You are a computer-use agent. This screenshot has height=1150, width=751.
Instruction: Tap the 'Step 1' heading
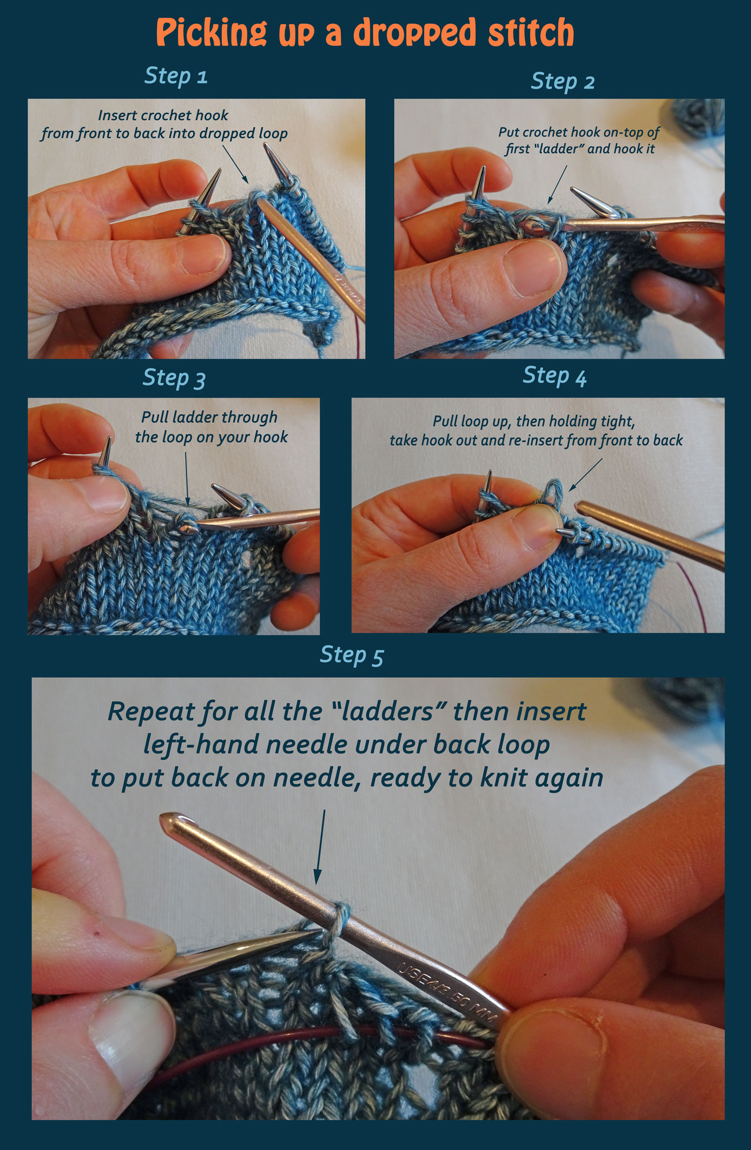(x=176, y=76)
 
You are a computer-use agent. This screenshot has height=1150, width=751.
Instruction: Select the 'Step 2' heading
(x=563, y=82)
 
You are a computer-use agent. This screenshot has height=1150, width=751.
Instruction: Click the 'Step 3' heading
(x=174, y=378)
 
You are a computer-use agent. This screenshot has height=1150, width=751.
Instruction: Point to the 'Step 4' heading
(x=555, y=375)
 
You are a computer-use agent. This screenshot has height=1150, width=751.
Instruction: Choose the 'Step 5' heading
(x=352, y=655)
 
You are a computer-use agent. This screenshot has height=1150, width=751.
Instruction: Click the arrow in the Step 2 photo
(x=557, y=184)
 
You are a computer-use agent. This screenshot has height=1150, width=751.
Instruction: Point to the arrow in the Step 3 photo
(x=187, y=479)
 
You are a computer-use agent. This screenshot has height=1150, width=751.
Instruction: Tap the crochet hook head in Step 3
(x=186, y=528)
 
